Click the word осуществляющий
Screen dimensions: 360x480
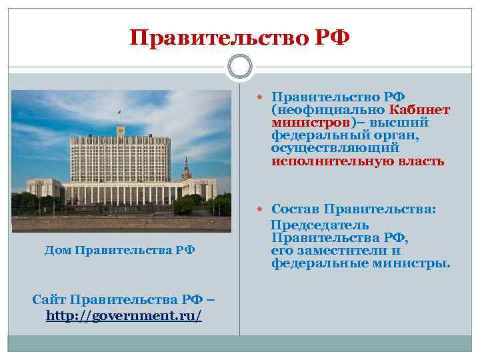335,149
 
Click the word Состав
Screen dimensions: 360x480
297,209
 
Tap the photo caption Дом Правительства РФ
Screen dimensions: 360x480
119,250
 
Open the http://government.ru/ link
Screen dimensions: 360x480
124,314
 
